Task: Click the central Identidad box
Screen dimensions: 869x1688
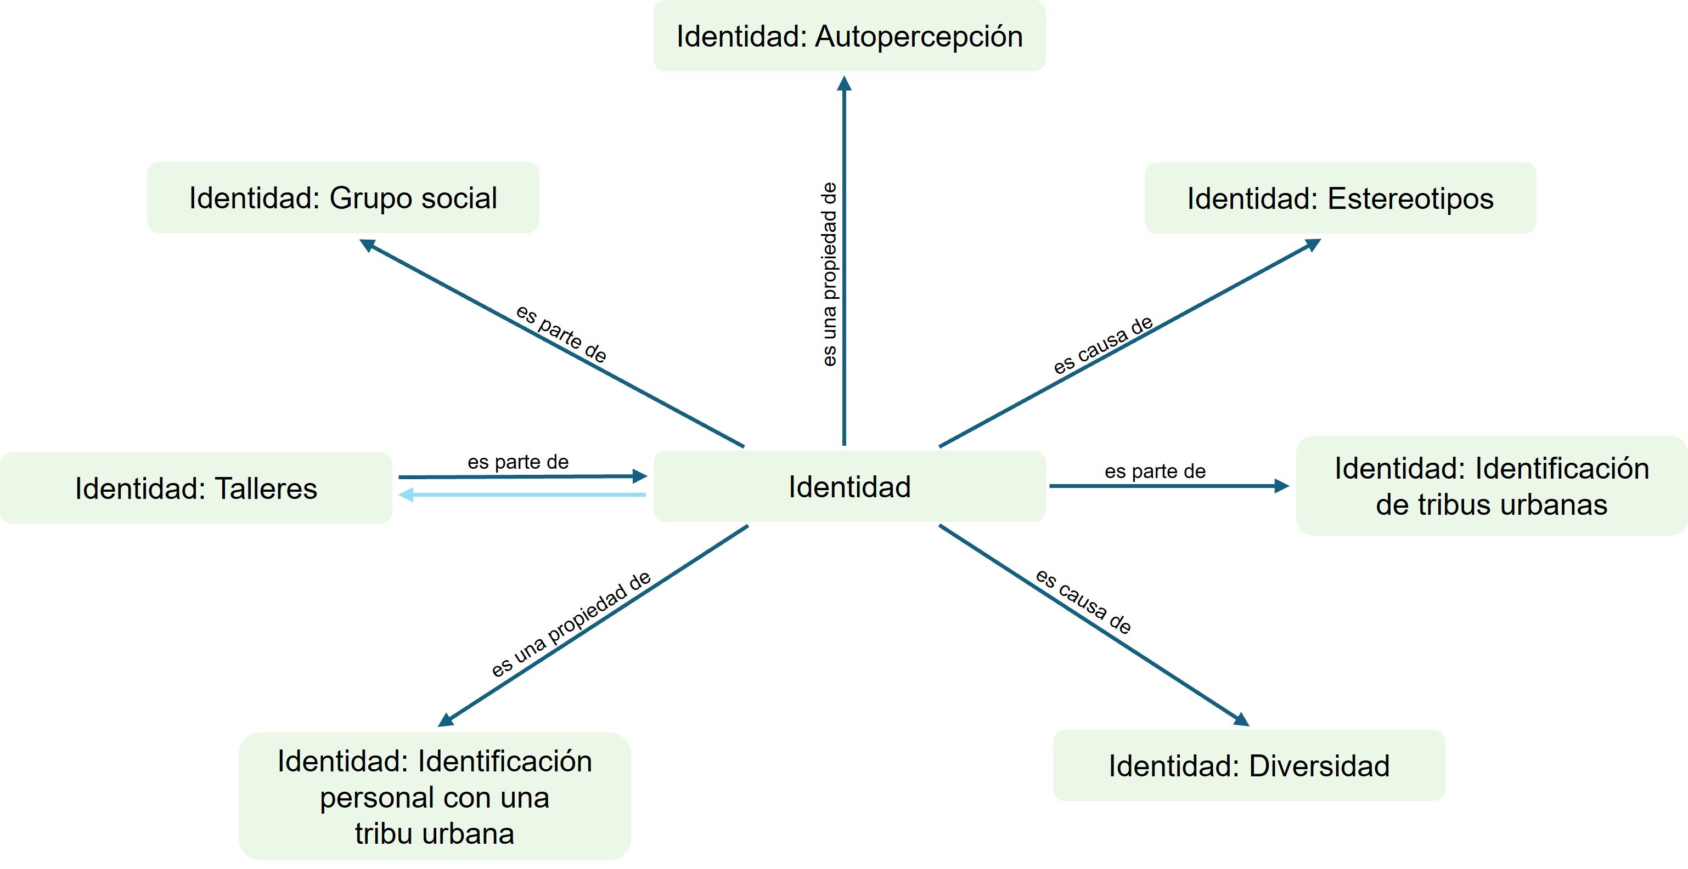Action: tap(849, 486)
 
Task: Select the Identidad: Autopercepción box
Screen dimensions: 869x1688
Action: tap(849, 36)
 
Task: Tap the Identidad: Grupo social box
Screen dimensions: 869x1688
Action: tap(343, 198)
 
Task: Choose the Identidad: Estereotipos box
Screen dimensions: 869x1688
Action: tap(1340, 198)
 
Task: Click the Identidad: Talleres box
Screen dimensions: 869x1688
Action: tap(196, 489)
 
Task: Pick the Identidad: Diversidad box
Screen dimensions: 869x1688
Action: tap(1249, 765)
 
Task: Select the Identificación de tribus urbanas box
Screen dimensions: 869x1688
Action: tap(1492, 486)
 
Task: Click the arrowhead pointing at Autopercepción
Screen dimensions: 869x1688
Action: tap(844, 84)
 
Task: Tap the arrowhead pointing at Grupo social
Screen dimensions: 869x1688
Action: tap(367, 246)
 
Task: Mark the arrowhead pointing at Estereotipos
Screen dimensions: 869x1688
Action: tap(1313, 245)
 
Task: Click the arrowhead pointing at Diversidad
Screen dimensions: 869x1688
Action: tap(1241, 720)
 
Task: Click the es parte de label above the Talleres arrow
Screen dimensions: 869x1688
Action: tap(517, 462)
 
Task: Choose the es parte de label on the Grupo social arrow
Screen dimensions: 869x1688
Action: tap(561, 334)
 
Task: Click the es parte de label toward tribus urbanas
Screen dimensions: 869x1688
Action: tap(1155, 472)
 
